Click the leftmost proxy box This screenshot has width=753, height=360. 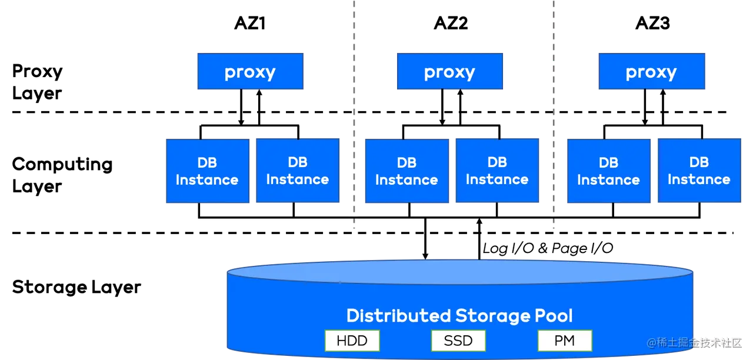249,72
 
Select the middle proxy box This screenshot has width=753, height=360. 449,72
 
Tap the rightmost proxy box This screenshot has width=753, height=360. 651,72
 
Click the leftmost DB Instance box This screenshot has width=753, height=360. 207,171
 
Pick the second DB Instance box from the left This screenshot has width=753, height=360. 298,171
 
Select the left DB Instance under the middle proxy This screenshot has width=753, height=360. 407,171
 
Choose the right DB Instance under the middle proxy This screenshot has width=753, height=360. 497,171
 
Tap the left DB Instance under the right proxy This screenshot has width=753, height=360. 608,171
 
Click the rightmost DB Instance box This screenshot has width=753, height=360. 699,171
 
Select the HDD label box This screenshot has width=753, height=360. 352,340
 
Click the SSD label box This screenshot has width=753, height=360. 458,340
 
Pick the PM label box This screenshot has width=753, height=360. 565,340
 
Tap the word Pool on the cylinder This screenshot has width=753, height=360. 554,316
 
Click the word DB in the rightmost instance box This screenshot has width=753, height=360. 699,162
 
